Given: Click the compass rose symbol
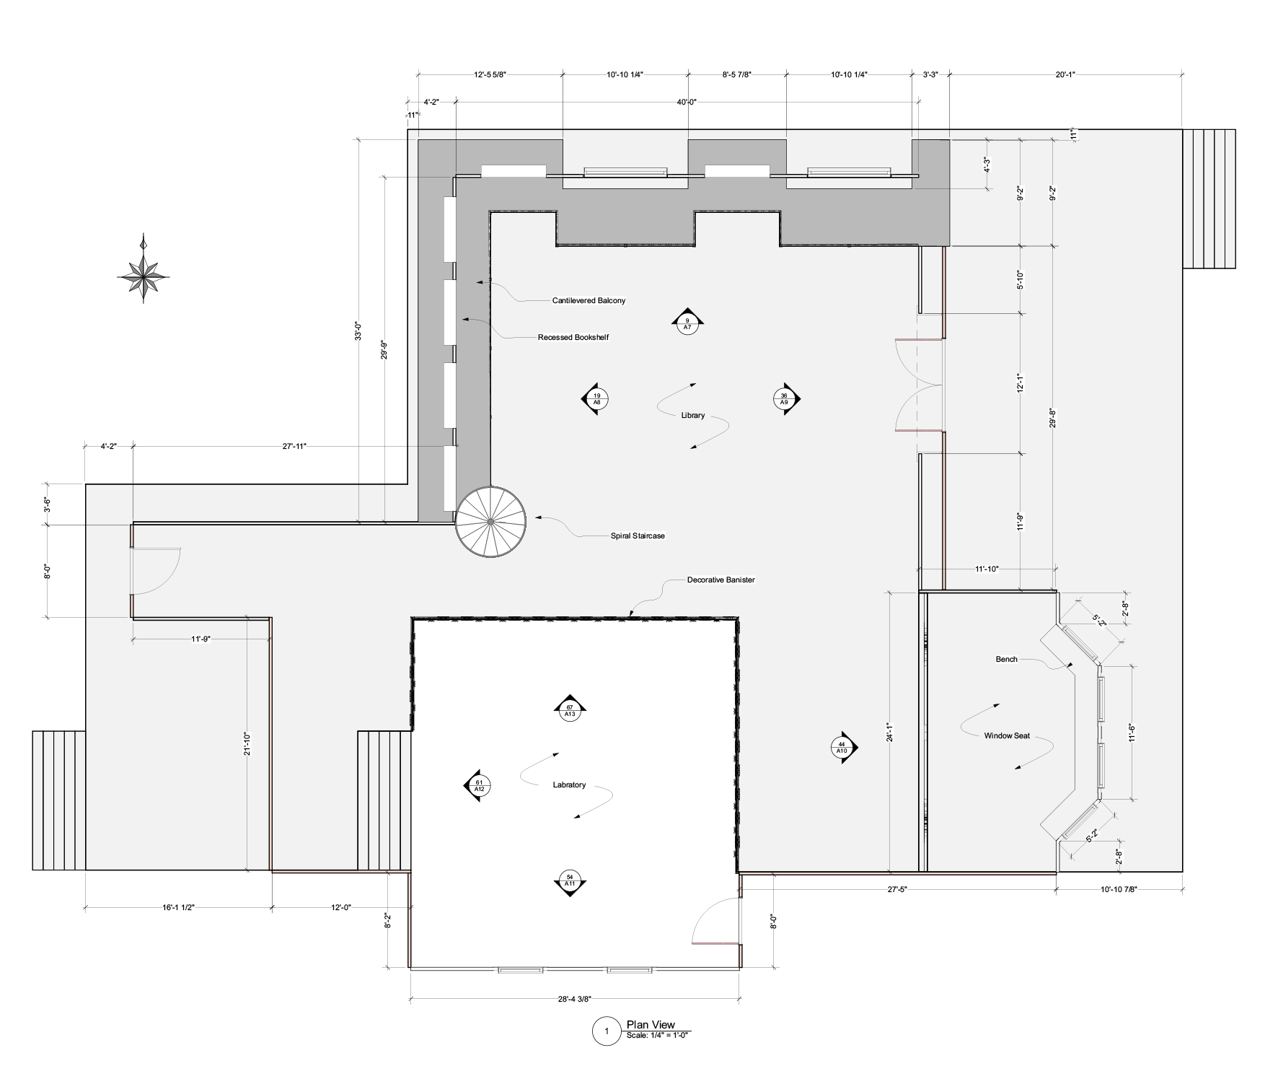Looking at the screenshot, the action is pyautogui.click(x=144, y=276).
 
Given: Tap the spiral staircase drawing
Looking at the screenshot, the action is pyautogui.click(x=490, y=520).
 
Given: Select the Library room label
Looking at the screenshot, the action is pyautogui.click(x=692, y=416).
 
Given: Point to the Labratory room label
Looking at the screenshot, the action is pyautogui.click(x=569, y=784).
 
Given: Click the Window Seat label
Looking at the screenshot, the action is pyautogui.click(x=1007, y=736).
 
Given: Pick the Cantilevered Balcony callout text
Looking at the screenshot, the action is pyautogui.click(x=589, y=300).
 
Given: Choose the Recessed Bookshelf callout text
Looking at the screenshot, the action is pyautogui.click(x=573, y=337).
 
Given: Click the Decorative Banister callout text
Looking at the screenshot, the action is pyautogui.click(x=720, y=580).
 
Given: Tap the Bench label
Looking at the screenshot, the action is pyautogui.click(x=1006, y=659).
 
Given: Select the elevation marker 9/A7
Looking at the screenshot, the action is pyautogui.click(x=687, y=323).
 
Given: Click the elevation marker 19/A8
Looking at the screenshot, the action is pyautogui.click(x=596, y=398).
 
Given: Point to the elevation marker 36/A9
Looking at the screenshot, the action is pyautogui.click(x=784, y=398).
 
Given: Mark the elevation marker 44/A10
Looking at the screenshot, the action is pyautogui.click(x=842, y=748).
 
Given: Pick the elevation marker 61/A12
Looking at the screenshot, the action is pyautogui.click(x=479, y=785).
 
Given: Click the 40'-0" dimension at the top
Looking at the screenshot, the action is pyautogui.click(x=687, y=102).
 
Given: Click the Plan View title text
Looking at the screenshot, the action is pyautogui.click(x=651, y=1025).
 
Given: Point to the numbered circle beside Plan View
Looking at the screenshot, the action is pyautogui.click(x=607, y=1031).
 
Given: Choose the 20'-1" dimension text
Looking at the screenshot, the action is pyautogui.click(x=1065, y=74).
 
